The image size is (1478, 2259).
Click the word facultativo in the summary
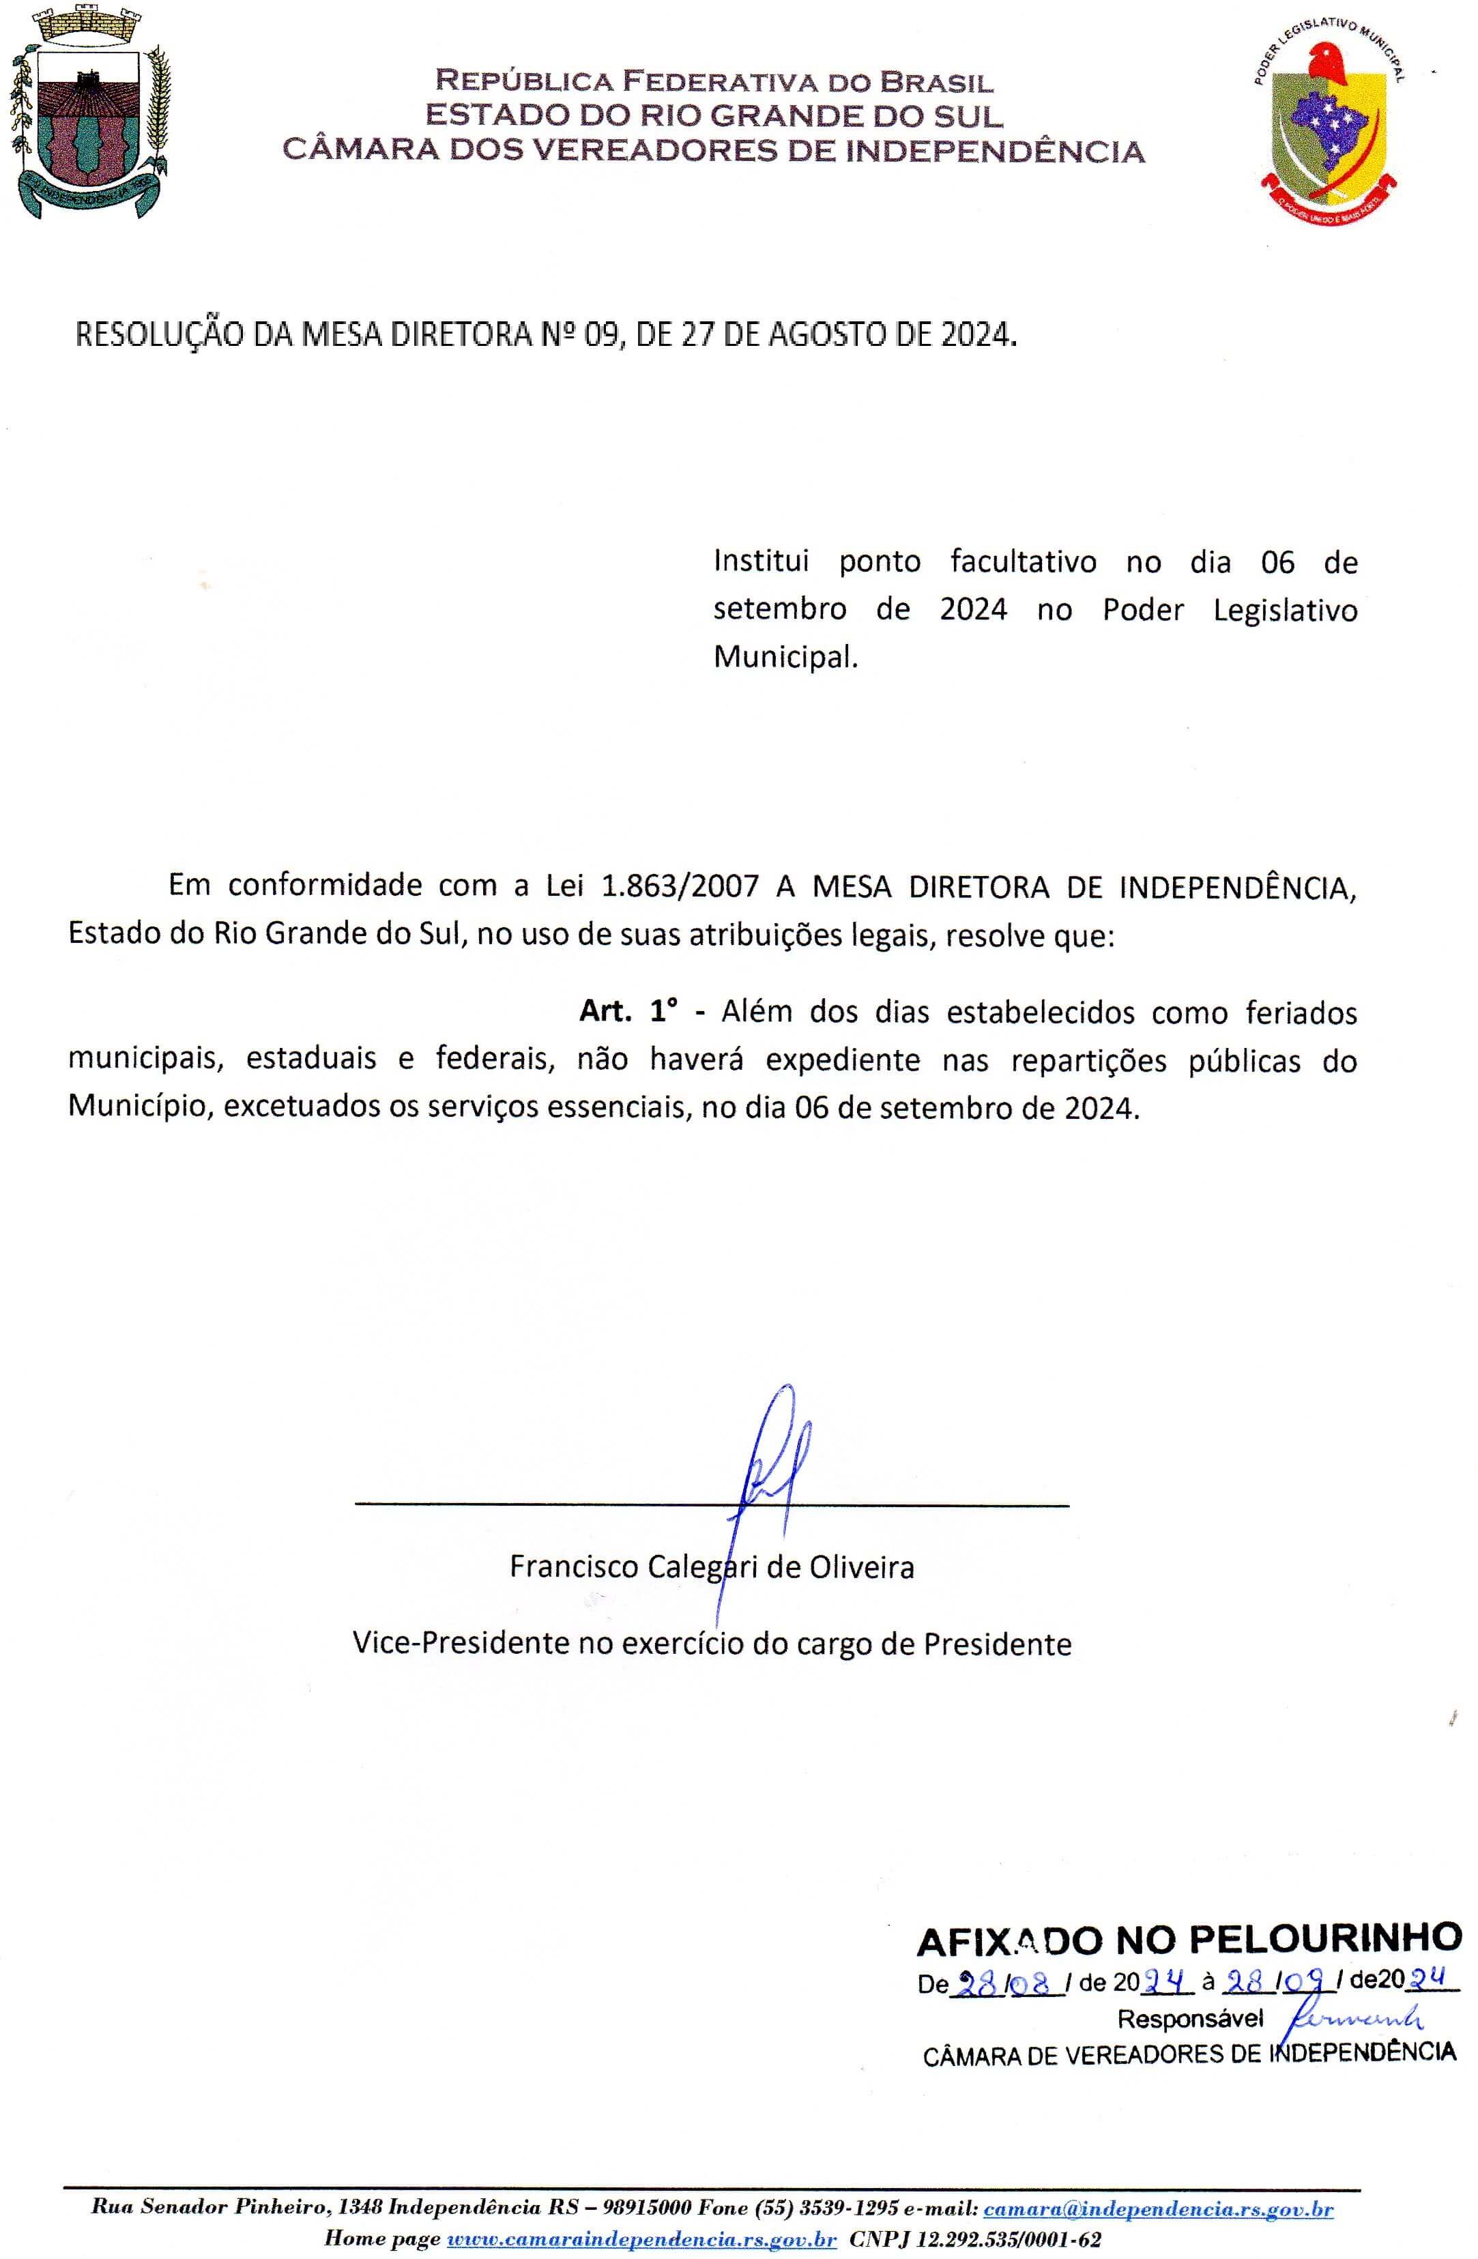[1024, 562]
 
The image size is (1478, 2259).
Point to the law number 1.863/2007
[680, 886]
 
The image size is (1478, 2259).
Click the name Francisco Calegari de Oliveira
[712, 1567]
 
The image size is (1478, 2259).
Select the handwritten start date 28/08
[1007, 1983]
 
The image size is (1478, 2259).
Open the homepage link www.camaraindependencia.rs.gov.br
[641, 2240]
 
